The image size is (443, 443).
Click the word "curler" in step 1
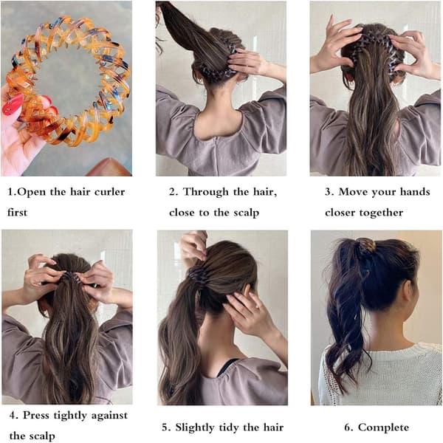coord(109,192)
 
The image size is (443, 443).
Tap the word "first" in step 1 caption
coord(17,213)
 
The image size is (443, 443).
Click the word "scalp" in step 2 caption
coord(246,213)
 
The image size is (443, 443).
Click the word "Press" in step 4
coord(35,415)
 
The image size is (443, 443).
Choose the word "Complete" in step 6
coord(383,427)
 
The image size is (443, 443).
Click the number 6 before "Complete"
coord(348,427)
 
